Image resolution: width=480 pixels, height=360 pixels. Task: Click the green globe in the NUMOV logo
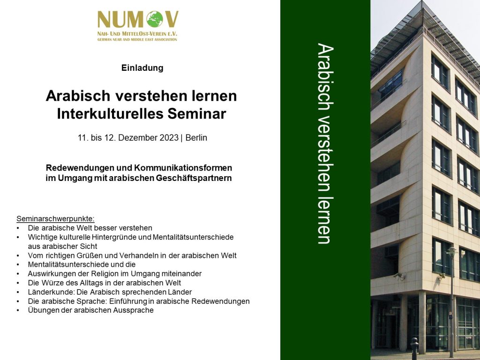[x=155, y=19]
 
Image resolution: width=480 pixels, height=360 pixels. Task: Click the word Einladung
[x=142, y=67]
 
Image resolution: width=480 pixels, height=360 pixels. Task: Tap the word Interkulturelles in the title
[x=110, y=113]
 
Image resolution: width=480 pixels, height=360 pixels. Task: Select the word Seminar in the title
[x=197, y=113]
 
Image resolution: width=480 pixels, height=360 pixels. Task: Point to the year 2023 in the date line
[x=169, y=138]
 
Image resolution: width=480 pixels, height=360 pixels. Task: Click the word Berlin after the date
[x=196, y=138]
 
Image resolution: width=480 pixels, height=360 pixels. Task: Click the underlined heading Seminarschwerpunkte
[x=55, y=219]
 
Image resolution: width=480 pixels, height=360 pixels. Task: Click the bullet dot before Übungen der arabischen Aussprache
[x=18, y=311]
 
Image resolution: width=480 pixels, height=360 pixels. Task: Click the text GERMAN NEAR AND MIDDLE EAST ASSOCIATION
[x=137, y=39]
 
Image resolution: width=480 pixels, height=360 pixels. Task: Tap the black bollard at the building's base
[x=414, y=348]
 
